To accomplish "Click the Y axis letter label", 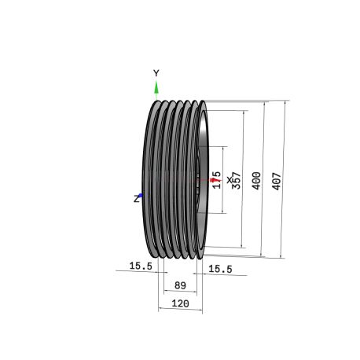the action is click(156, 73).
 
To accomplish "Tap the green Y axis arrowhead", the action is click(156, 87).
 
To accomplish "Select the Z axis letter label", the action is click(136, 199).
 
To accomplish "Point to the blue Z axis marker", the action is click(141, 195).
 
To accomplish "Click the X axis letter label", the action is click(230, 180).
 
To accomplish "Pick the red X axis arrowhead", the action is click(214, 180).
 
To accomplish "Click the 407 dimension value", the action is click(277, 181).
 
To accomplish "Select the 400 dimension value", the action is click(256, 181).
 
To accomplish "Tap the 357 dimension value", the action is click(237, 180).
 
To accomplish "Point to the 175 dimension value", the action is click(217, 180).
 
